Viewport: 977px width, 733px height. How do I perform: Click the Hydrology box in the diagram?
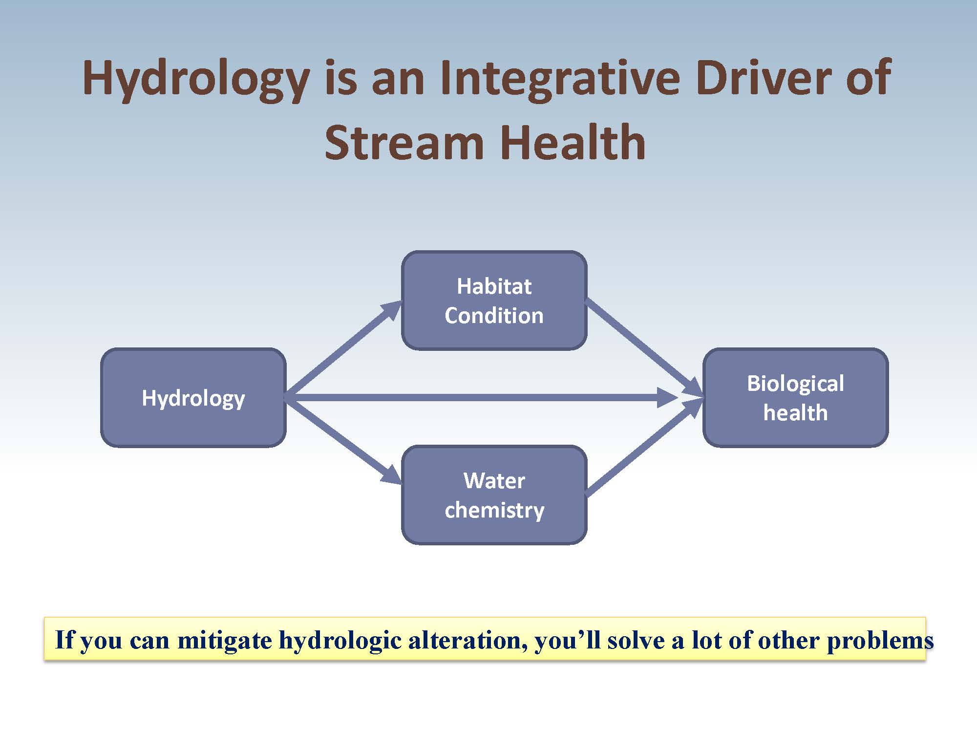point(193,397)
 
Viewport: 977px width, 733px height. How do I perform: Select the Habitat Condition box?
point(494,300)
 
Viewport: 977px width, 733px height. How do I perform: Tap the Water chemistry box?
point(494,495)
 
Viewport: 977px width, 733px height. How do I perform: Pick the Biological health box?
point(795,397)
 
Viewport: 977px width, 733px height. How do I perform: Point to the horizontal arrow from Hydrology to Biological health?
point(479,397)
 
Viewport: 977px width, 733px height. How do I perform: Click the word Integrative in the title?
point(559,78)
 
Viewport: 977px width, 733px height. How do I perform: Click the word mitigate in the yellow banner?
point(224,640)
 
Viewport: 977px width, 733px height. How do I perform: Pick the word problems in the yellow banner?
point(880,640)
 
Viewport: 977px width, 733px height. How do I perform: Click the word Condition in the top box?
point(494,316)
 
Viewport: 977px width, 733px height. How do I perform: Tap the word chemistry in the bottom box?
point(494,511)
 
